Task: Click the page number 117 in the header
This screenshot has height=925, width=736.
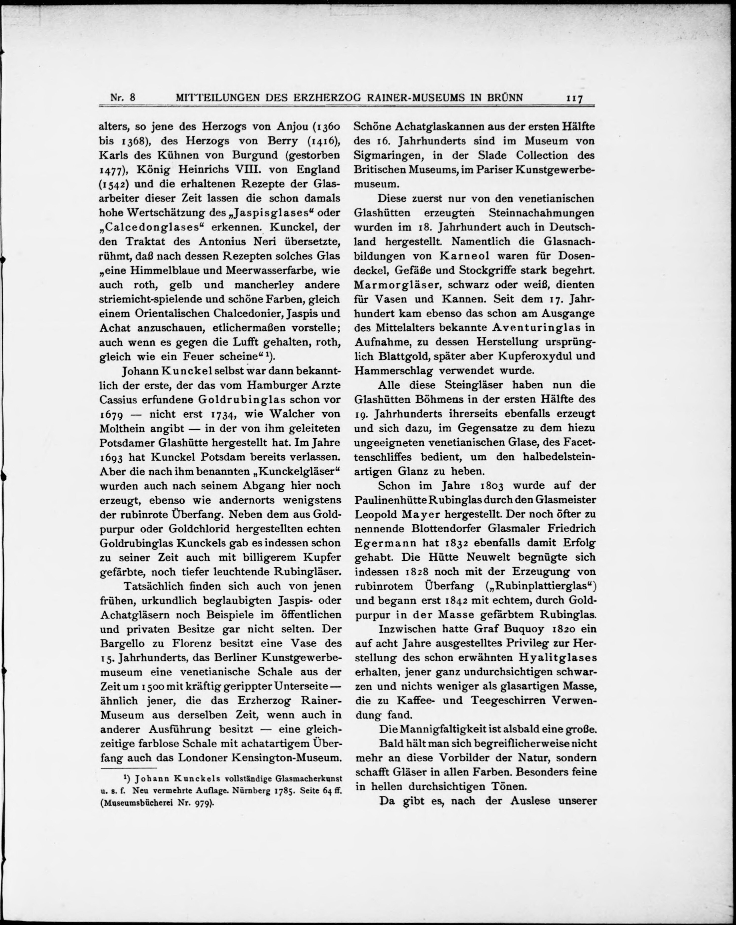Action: pos(574,98)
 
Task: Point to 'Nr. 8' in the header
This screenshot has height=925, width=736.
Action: pos(123,97)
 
